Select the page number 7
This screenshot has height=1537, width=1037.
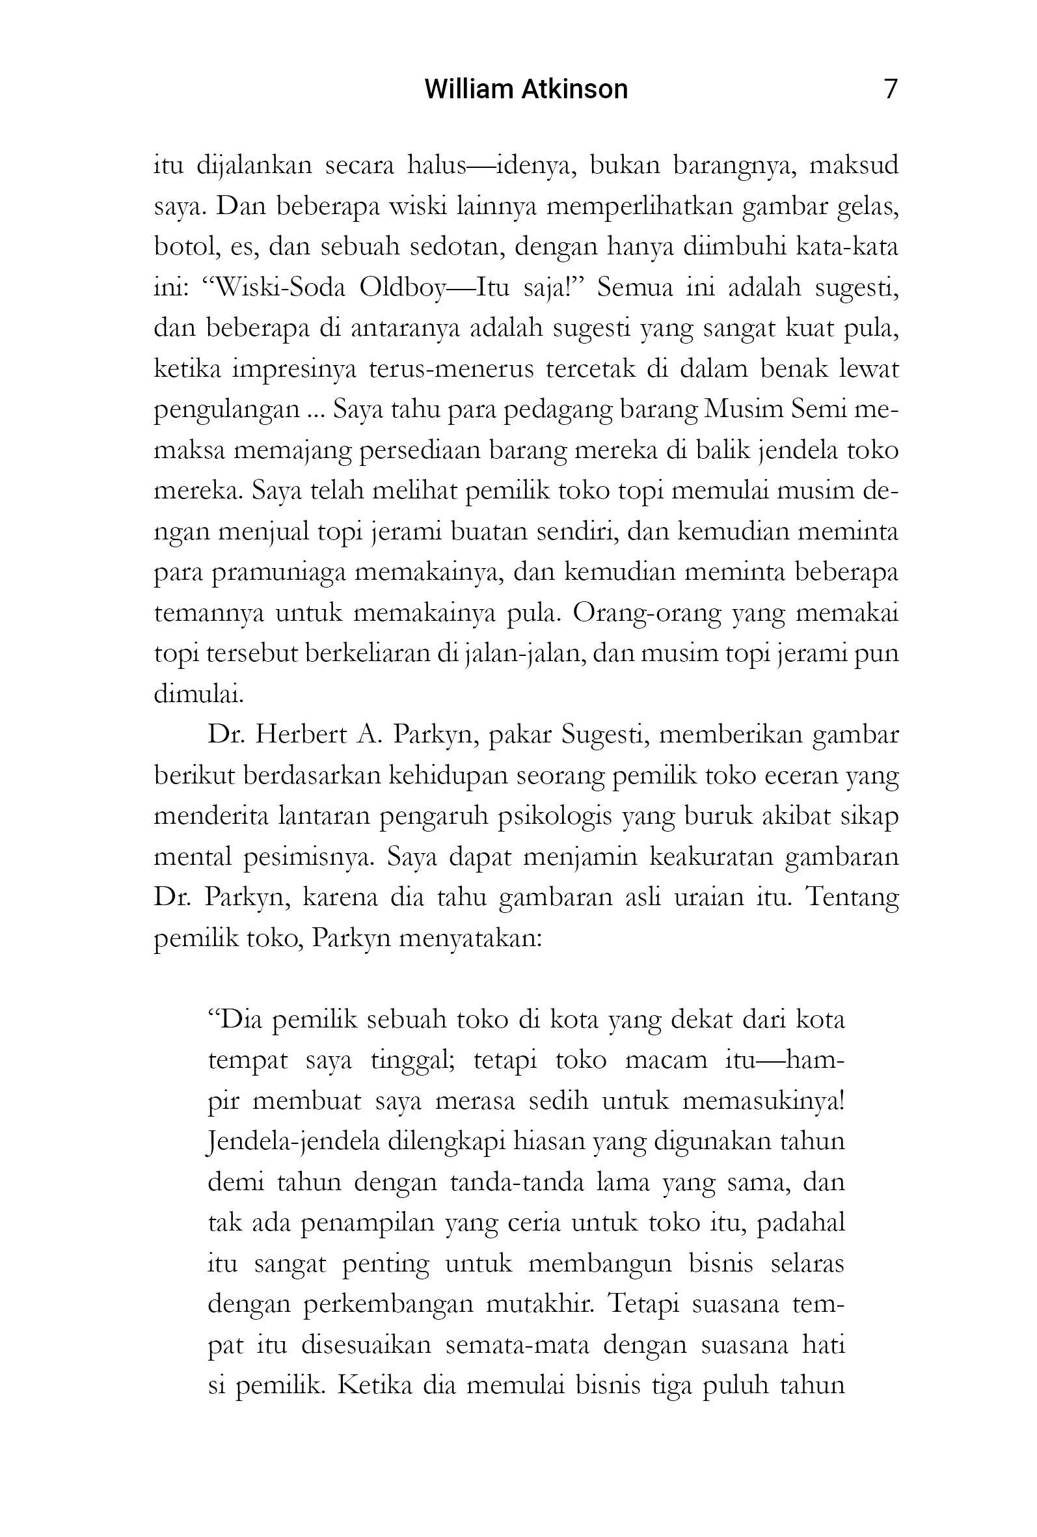[890, 88]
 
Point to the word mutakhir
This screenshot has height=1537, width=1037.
[539, 1305]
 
